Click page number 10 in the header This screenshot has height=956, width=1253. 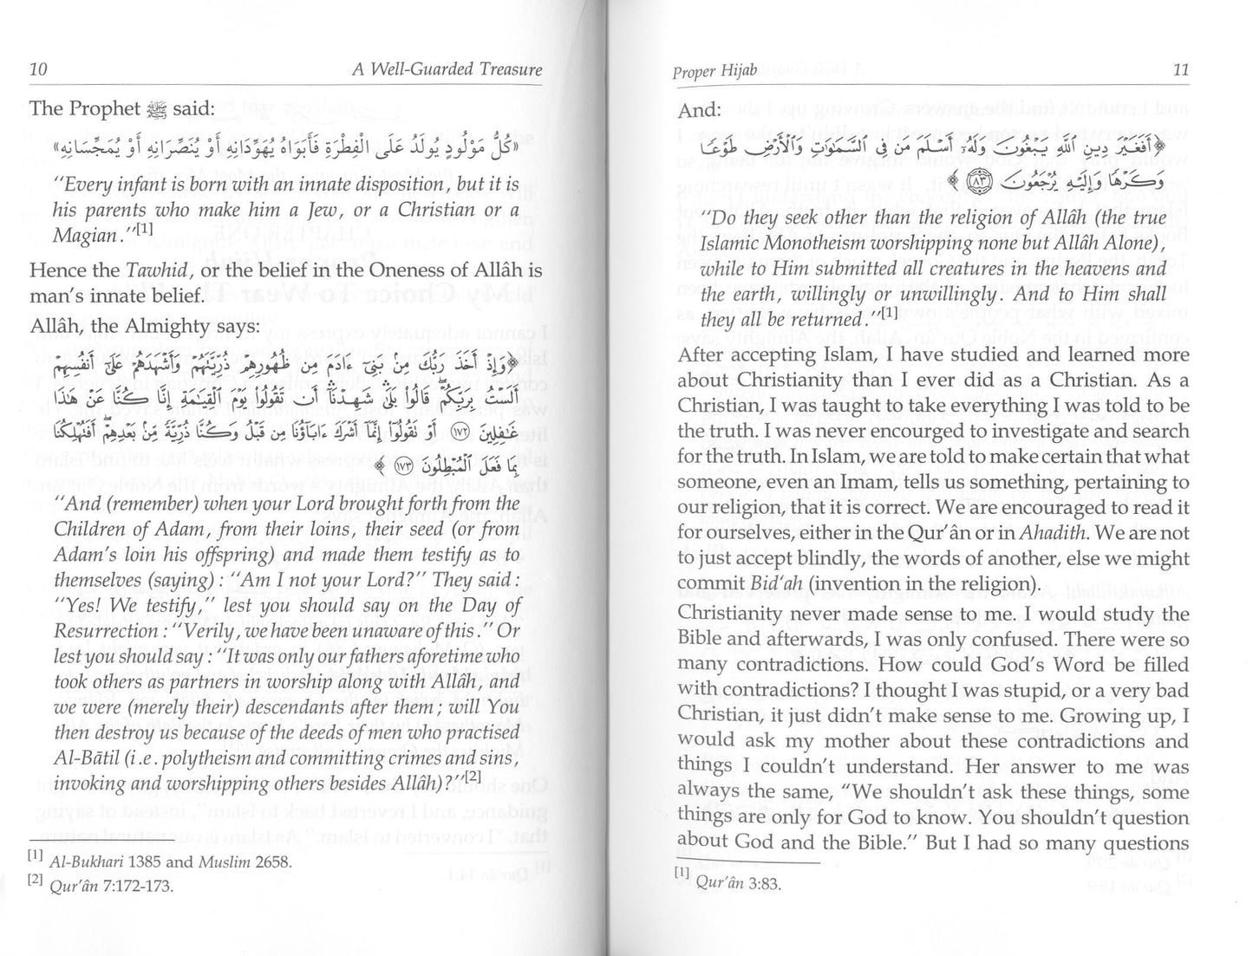point(38,69)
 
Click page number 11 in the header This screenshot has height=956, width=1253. point(1180,69)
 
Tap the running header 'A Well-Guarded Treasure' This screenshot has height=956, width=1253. point(447,69)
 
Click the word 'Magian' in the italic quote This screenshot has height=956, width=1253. point(84,236)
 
